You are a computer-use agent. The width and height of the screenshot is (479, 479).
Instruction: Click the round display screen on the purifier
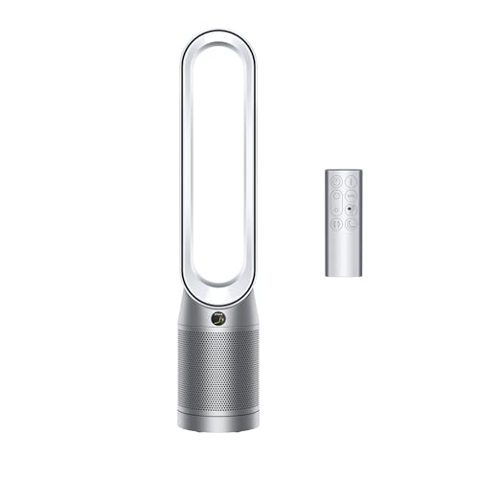pyautogui.click(x=219, y=318)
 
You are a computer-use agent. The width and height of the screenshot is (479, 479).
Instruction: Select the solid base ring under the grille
pyautogui.click(x=219, y=422)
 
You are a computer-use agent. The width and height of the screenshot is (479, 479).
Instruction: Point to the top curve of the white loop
pyautogui.click(x=219, y=35)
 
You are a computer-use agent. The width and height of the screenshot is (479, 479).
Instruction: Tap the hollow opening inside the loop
pyautogui.click(x=219, y=163)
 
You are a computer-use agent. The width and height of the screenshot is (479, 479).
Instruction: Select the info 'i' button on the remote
pyautogui.click(x=351, y=180)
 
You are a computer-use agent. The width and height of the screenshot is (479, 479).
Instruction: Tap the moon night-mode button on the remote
pyautogui.click(x=351, y=223)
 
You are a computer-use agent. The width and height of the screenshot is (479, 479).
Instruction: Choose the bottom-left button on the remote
pyautogui.click(x=335, y=223)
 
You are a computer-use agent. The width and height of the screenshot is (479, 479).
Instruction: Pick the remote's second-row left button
pyautogui.click(x=335, y=194)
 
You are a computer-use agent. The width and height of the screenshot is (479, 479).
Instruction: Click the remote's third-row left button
pyautogui.click(x=335, y=209)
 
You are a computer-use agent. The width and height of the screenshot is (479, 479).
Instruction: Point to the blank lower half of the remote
pyautogui.click(x=343, y=254)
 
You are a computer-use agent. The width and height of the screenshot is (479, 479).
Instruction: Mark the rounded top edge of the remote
pyautogui.click(x=343, y=171)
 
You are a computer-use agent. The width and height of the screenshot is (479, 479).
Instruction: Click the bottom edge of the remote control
pyautogui.click(x=343, y=276)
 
